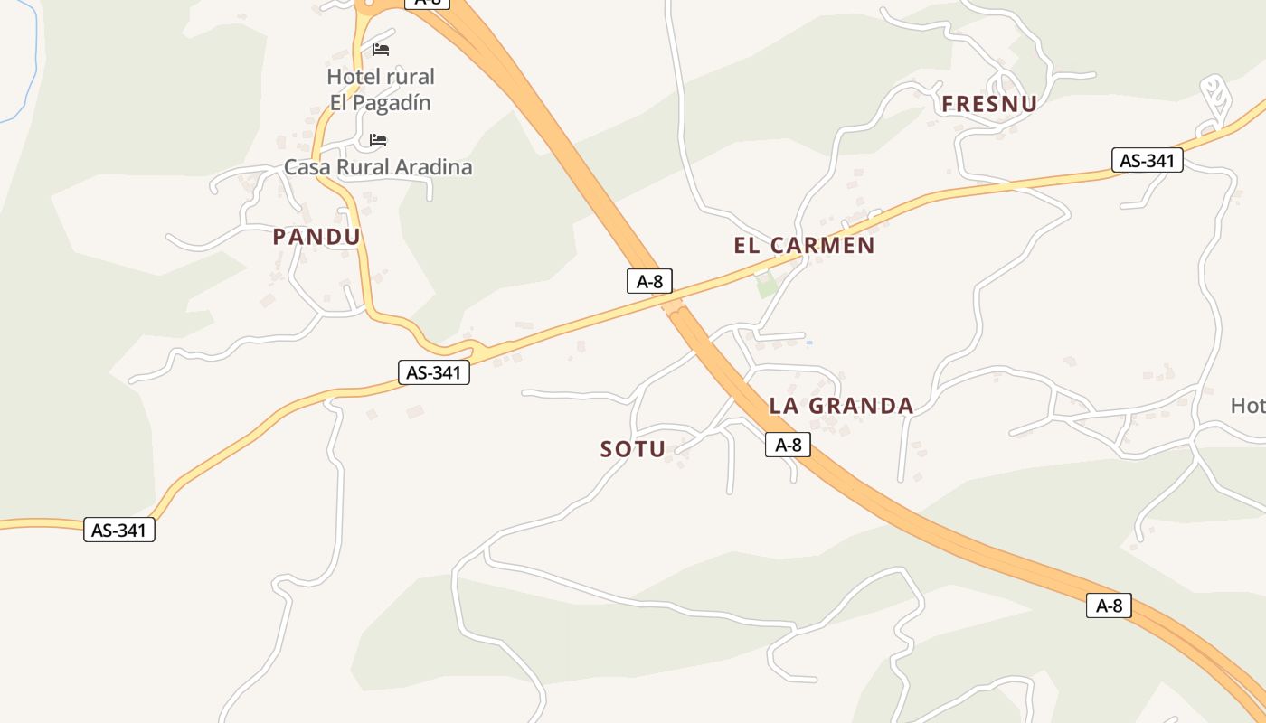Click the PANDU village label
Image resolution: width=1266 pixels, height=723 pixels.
[x=316, y=238]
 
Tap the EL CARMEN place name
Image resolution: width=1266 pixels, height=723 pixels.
[x=804, y=246]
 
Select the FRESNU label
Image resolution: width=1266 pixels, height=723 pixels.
[x=988, y=105]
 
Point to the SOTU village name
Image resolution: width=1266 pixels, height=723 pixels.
[x=633, y=449]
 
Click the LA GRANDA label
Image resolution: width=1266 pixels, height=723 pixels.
[x=841, y=407]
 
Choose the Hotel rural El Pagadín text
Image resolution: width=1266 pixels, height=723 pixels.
[x=381, y=89]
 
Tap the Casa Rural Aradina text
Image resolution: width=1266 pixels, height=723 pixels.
[x=378, y=167]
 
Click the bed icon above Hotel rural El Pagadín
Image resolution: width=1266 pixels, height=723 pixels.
[x=381, y=49]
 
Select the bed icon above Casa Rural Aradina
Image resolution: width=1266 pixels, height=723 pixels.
[x=378, y=140]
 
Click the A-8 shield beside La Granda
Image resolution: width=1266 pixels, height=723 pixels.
[x=788, y=445]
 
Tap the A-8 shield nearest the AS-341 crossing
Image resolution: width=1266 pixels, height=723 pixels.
[x=649, y=281]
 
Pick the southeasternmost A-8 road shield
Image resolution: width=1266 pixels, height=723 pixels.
[x=1109, y=606]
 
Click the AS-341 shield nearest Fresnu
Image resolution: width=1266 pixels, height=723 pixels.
[x=1147, y=161]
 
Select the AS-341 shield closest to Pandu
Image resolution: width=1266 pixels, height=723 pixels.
[x=434, y=372]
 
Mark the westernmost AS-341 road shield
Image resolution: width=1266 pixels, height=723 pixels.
[x=119, y=530]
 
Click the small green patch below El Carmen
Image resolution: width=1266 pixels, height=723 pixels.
[x=767, y=287]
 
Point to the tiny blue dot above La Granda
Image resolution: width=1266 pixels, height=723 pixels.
[x=808, y=343]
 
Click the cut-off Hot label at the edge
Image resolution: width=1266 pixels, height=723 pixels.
[x=1248, y=406]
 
